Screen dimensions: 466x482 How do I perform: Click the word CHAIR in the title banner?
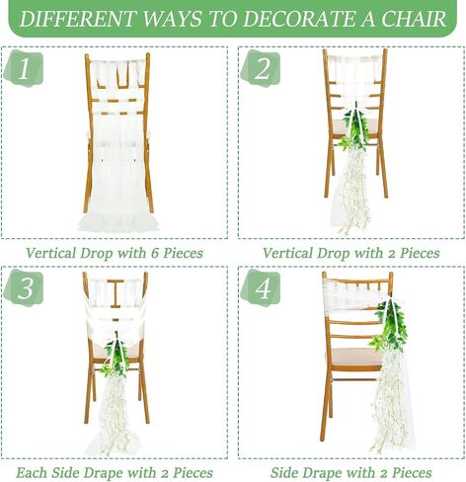tap(413, 19)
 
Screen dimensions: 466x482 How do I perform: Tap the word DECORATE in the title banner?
tap(298, 19)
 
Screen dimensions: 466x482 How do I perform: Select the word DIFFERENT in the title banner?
tap(78, 19)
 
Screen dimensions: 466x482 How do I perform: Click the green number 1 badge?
tap(24, 68)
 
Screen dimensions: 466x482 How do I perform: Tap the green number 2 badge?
tap(261, 68)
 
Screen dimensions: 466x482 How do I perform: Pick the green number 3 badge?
tap(24, 287)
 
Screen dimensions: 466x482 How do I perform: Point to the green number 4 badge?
tap(261, 287)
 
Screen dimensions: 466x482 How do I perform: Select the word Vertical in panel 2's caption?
tap(287, 253)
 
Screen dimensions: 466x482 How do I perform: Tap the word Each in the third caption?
tap(32, 473)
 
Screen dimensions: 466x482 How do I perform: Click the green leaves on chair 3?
tap(116, 359)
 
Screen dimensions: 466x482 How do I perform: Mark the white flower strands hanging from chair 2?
tap(353, 191)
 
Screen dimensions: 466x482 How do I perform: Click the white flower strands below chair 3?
tap(114, 415)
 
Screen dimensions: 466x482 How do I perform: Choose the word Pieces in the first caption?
tap(183, 253)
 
